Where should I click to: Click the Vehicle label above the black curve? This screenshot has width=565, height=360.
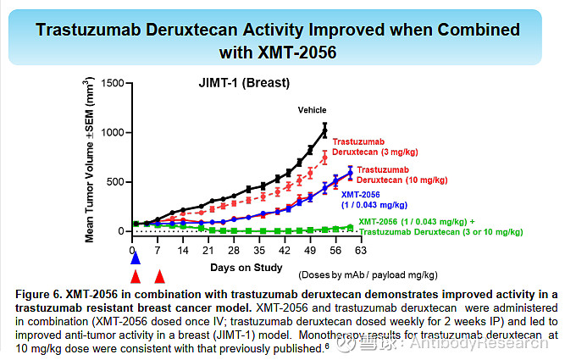point(312,110)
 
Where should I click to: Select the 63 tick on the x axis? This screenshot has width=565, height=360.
point(360,251)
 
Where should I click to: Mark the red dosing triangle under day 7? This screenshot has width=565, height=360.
point(159,276)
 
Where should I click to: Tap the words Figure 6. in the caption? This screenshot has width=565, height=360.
point(39,294)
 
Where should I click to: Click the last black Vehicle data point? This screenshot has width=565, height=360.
point(324,130)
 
